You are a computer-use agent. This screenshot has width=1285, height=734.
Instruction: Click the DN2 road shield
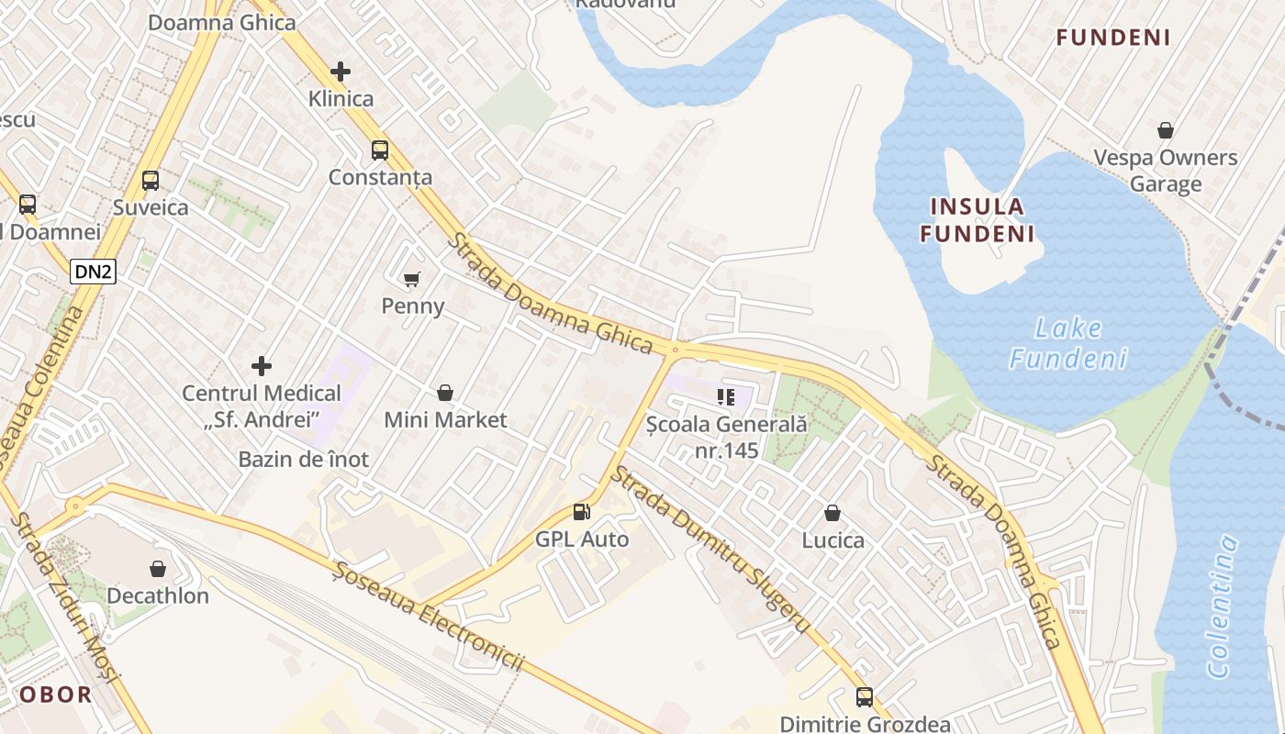94,271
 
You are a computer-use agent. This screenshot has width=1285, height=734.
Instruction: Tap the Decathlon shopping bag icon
158,569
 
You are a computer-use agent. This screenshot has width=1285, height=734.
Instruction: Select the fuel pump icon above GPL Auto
581,512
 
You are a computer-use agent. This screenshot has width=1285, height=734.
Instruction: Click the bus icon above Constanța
379,150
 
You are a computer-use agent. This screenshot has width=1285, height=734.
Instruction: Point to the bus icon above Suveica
151,181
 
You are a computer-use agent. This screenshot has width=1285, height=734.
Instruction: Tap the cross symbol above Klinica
341,72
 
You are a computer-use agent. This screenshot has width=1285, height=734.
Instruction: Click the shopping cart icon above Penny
412,279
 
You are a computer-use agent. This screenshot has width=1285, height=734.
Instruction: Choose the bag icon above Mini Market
445,394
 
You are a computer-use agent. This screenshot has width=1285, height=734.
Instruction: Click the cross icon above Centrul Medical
262,367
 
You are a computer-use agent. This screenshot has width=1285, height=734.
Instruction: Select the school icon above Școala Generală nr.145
726,397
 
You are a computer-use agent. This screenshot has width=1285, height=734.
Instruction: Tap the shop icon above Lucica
832,513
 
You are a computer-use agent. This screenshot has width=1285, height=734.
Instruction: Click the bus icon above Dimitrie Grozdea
865,697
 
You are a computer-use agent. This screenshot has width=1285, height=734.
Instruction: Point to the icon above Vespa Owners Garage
1166,131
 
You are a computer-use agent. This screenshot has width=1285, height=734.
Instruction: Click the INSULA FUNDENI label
978,219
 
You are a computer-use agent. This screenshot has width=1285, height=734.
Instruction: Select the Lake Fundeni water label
1068,342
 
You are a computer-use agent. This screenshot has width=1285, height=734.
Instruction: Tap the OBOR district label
56,695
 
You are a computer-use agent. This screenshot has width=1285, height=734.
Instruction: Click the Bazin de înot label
304,460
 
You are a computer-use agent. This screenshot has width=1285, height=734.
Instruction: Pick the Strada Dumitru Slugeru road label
710,549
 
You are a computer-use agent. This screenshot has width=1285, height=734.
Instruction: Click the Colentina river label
1224,606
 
